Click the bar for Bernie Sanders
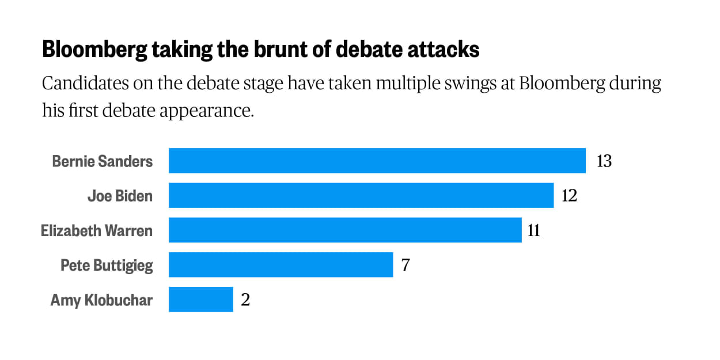click(377, 161)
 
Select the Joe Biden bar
click(361, 196)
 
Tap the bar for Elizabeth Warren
click(344, 230)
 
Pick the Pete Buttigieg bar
click(281, 265)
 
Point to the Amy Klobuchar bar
click(200, 300)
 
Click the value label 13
click(604, 161)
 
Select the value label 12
click(569, 196)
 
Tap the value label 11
click(534, 230)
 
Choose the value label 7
click(406, 265)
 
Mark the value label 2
click(245, 300)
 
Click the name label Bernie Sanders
click(103, 161)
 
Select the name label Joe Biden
click(120, 196)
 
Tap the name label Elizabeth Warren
click(97, 230)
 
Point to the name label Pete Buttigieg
click(107, 265)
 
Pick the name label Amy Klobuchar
click(101, 300)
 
